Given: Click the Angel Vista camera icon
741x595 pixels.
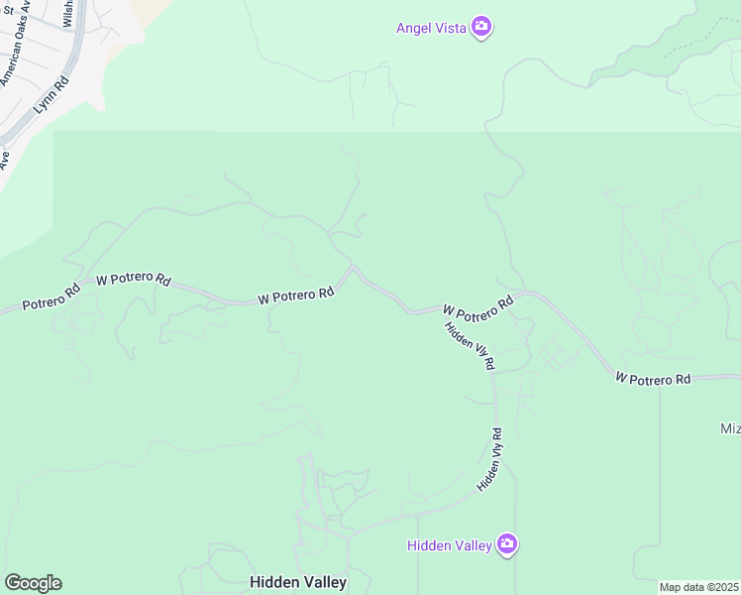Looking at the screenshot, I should point(481,27).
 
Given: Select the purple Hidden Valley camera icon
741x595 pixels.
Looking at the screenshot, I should point(507,543).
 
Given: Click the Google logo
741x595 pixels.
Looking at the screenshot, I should point(33,583).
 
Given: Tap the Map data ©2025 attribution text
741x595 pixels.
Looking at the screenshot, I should point(699,587).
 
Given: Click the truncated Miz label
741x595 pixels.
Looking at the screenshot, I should point(729,428).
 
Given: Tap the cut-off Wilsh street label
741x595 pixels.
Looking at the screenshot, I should point(68,13).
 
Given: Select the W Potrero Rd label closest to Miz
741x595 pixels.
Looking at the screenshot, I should point(653,379).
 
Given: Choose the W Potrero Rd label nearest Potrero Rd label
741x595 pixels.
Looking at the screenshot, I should point(133,280).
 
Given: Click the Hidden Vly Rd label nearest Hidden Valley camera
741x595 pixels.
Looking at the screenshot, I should point(490,459).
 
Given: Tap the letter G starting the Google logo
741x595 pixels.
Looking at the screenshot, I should point(13,583).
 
